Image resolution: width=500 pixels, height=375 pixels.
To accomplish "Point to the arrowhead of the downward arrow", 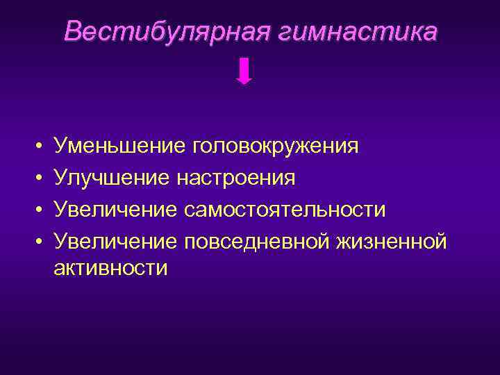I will (244, 80).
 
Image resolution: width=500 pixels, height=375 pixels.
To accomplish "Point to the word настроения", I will (235, 178).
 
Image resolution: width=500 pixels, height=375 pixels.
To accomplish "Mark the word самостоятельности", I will (285, 209).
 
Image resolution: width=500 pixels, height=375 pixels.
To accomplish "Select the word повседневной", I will (256, 240).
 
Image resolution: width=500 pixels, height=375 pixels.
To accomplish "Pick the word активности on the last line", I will (111, 268).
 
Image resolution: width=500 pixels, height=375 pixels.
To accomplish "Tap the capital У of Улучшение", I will (61, 178).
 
